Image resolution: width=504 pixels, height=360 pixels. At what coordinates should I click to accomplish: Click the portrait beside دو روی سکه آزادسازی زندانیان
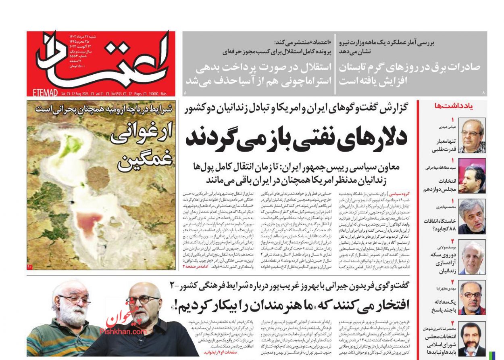tap(473, 257)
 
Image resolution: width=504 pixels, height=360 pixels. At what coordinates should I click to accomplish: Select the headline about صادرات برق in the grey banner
tap(409, 73)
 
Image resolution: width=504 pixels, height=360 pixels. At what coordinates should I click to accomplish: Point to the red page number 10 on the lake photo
tap(30, 267)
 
